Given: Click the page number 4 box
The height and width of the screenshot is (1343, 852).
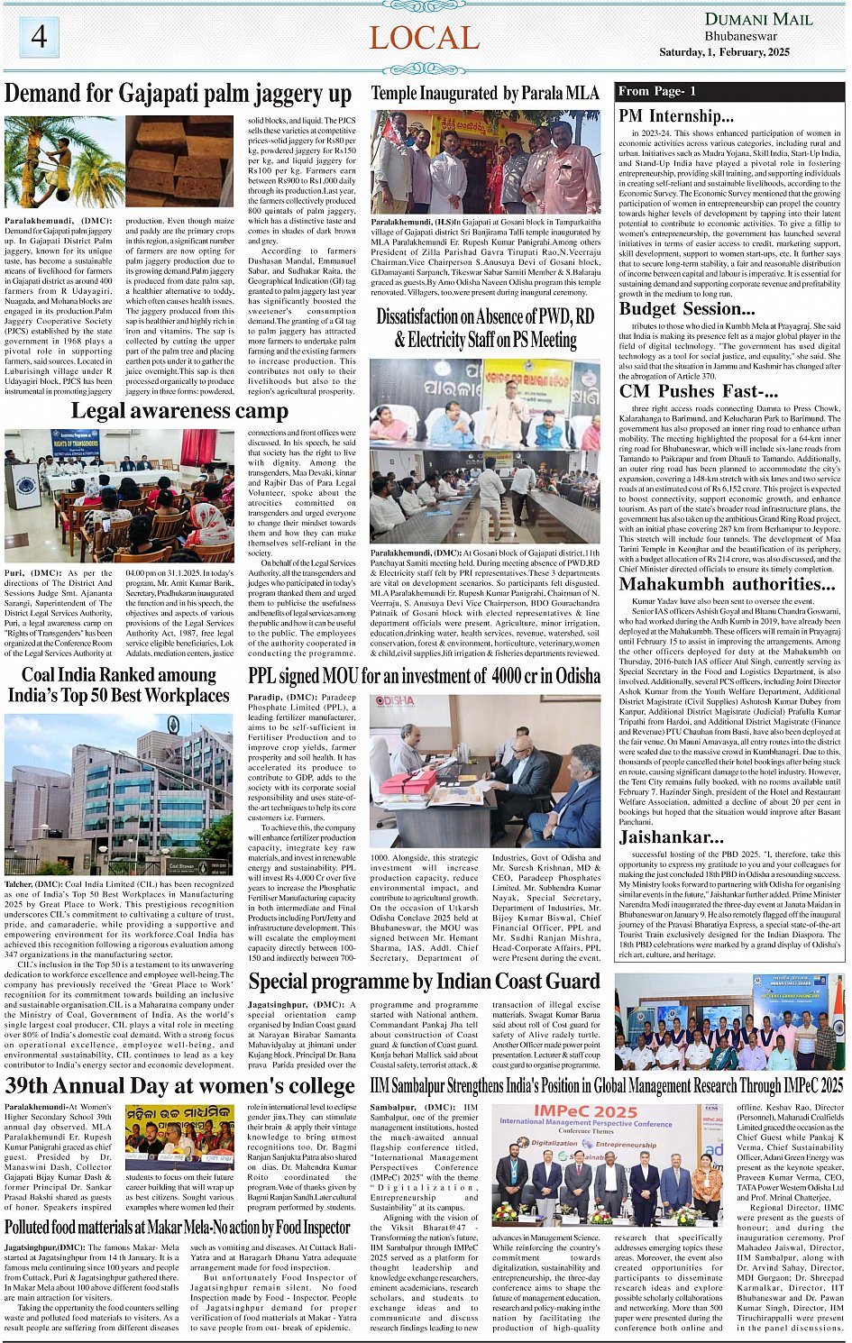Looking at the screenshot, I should pyautogui.click(x=39, y=37).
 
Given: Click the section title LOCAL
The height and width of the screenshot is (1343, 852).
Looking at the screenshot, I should pyautogui.click(x=424, y=38).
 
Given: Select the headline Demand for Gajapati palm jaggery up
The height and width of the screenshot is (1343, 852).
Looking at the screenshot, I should pyautogui.click(x=179, y=94).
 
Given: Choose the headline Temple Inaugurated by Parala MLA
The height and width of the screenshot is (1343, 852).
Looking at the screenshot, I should pyautogui.click(x=485, y=93).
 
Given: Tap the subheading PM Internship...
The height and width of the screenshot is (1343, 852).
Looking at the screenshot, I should pyautogui.click(x=676, y=115).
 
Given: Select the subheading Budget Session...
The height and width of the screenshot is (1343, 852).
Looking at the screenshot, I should pyautogui.click(x=686, y=308).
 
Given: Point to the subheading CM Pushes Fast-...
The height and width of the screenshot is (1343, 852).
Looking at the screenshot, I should pyautogui.click(x=698, y=391).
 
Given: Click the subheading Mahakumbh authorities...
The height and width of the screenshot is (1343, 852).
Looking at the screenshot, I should pyautogui.click(x=728, y=583).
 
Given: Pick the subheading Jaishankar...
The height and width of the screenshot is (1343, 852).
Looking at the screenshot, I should pyautogui.click(x=671, y=836).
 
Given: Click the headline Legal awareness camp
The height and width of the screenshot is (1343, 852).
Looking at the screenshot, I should pyautogui.click(x=179, y=411).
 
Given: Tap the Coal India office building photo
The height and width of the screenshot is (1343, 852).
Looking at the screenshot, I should pyautogui.click(x=118, y=793).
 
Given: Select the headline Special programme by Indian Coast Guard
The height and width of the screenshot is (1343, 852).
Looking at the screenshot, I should pyautogui.click(x=424, y=982).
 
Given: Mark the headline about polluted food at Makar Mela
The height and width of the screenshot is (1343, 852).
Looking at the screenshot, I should pyautogui.click(x=178, y=1227).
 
